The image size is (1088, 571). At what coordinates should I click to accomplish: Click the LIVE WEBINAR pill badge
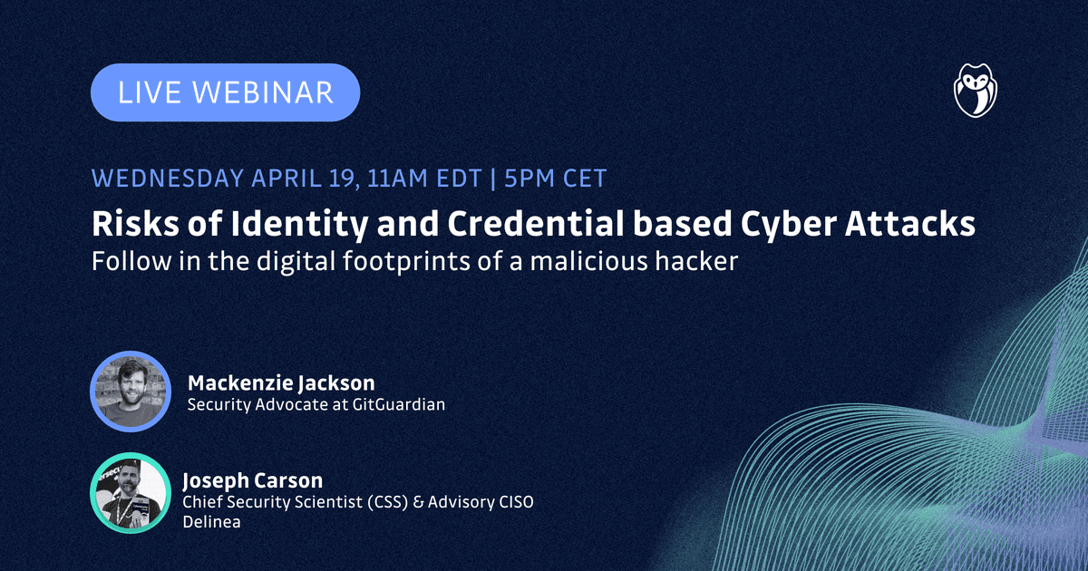pyautogui.click(x=226, y=92)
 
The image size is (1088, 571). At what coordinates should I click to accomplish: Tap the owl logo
pyautogui.click(x=976, y=91)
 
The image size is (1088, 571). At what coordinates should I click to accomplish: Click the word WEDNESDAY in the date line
pyautogui.click(x=168, y=179)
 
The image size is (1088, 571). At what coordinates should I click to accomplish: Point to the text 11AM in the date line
pyautogui.click(x=398, y=179)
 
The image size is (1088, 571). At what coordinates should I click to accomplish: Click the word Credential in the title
pyautogui.click(x=535, y=224)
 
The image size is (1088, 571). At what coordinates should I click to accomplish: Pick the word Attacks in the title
pyautogui.click(x=909, y=224)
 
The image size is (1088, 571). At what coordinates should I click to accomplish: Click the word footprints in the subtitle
pyautogui.click(x=406, y=262)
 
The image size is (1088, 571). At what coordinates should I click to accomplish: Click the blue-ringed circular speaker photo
pyautogui.click(x=131, y=392)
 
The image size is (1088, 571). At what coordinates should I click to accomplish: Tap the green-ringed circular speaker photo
pyautogui.click(x=131, y=493)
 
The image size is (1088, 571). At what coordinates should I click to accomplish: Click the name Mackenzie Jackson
pyautogui.click(x=281, y=383)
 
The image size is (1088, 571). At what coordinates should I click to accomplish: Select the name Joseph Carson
pyautogui.click(x=253, y=480)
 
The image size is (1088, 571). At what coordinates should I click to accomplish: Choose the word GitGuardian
pyautogui.click(x=399, y=404)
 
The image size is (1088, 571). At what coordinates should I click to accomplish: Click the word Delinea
pyautogui.click(x=212, y=522)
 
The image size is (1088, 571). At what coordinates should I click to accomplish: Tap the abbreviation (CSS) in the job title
pyautogui.click(x=388, y=501)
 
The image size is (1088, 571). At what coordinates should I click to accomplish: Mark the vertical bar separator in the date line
pyautogui.click(x=493, y=179)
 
